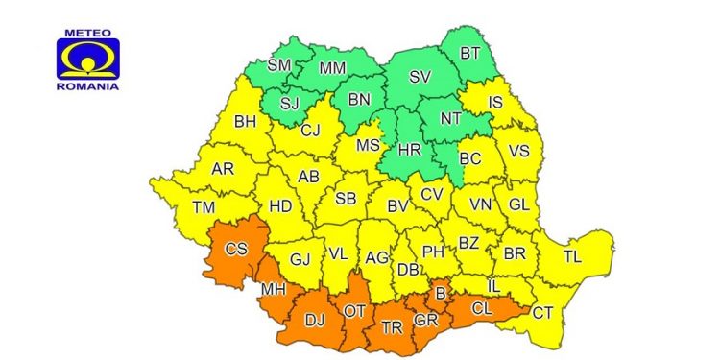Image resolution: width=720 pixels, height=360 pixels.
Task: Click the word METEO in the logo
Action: tap(89, 32)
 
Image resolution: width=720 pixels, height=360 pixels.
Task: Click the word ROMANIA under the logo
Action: tap(89, 86)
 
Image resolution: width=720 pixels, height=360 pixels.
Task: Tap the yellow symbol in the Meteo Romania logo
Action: tap(89, 60)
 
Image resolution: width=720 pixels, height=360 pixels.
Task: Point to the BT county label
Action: tap(469, 54)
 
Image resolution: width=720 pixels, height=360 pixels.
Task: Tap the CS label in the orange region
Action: tap(236, 250)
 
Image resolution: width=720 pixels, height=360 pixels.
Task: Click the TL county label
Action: tap(572, 256)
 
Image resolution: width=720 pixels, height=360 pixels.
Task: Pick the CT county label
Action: tap(542, 311)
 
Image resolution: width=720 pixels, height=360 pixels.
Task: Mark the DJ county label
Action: tap(314, 322)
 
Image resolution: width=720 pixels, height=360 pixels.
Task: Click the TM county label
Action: tap(203, 207)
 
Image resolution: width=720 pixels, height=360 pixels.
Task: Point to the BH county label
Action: tap(246, 123)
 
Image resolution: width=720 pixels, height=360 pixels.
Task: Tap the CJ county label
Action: tap(309, 132)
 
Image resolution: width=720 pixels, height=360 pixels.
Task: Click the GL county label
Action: tap(519, 204)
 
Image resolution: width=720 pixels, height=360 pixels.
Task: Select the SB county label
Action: tap(347, 200)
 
